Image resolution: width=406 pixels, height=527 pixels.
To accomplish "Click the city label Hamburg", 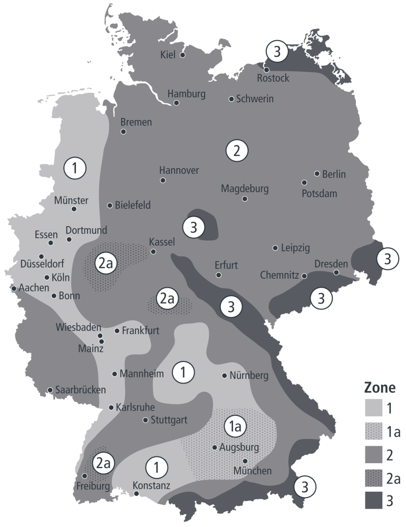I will click(186, 94).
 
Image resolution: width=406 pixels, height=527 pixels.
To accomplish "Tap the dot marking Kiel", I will click(182, 55).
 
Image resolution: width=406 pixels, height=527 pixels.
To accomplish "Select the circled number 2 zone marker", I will click(237, 151).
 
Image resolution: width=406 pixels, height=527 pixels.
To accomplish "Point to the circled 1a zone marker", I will click(235, 426).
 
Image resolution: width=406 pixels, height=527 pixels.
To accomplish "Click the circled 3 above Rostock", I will click(277, 52).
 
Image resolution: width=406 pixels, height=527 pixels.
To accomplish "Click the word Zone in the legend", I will click(380, 389).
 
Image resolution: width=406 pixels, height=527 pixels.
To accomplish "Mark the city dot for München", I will click(245, 461).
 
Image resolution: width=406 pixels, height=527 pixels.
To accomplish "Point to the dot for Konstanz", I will click(137, 494).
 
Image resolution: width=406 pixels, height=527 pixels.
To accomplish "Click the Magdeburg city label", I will click(245, 188).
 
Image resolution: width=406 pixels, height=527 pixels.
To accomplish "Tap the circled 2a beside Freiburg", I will click(103, 463).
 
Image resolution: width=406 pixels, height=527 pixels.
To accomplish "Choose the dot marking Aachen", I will click(13, 288).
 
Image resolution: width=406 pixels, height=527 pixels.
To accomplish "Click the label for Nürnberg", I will click(249, 376).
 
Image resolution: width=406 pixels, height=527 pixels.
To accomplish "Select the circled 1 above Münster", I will click(75, 169).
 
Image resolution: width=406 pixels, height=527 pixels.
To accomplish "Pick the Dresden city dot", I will click(336, 272).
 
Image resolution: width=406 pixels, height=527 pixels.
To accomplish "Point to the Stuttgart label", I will click(169, 420).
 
